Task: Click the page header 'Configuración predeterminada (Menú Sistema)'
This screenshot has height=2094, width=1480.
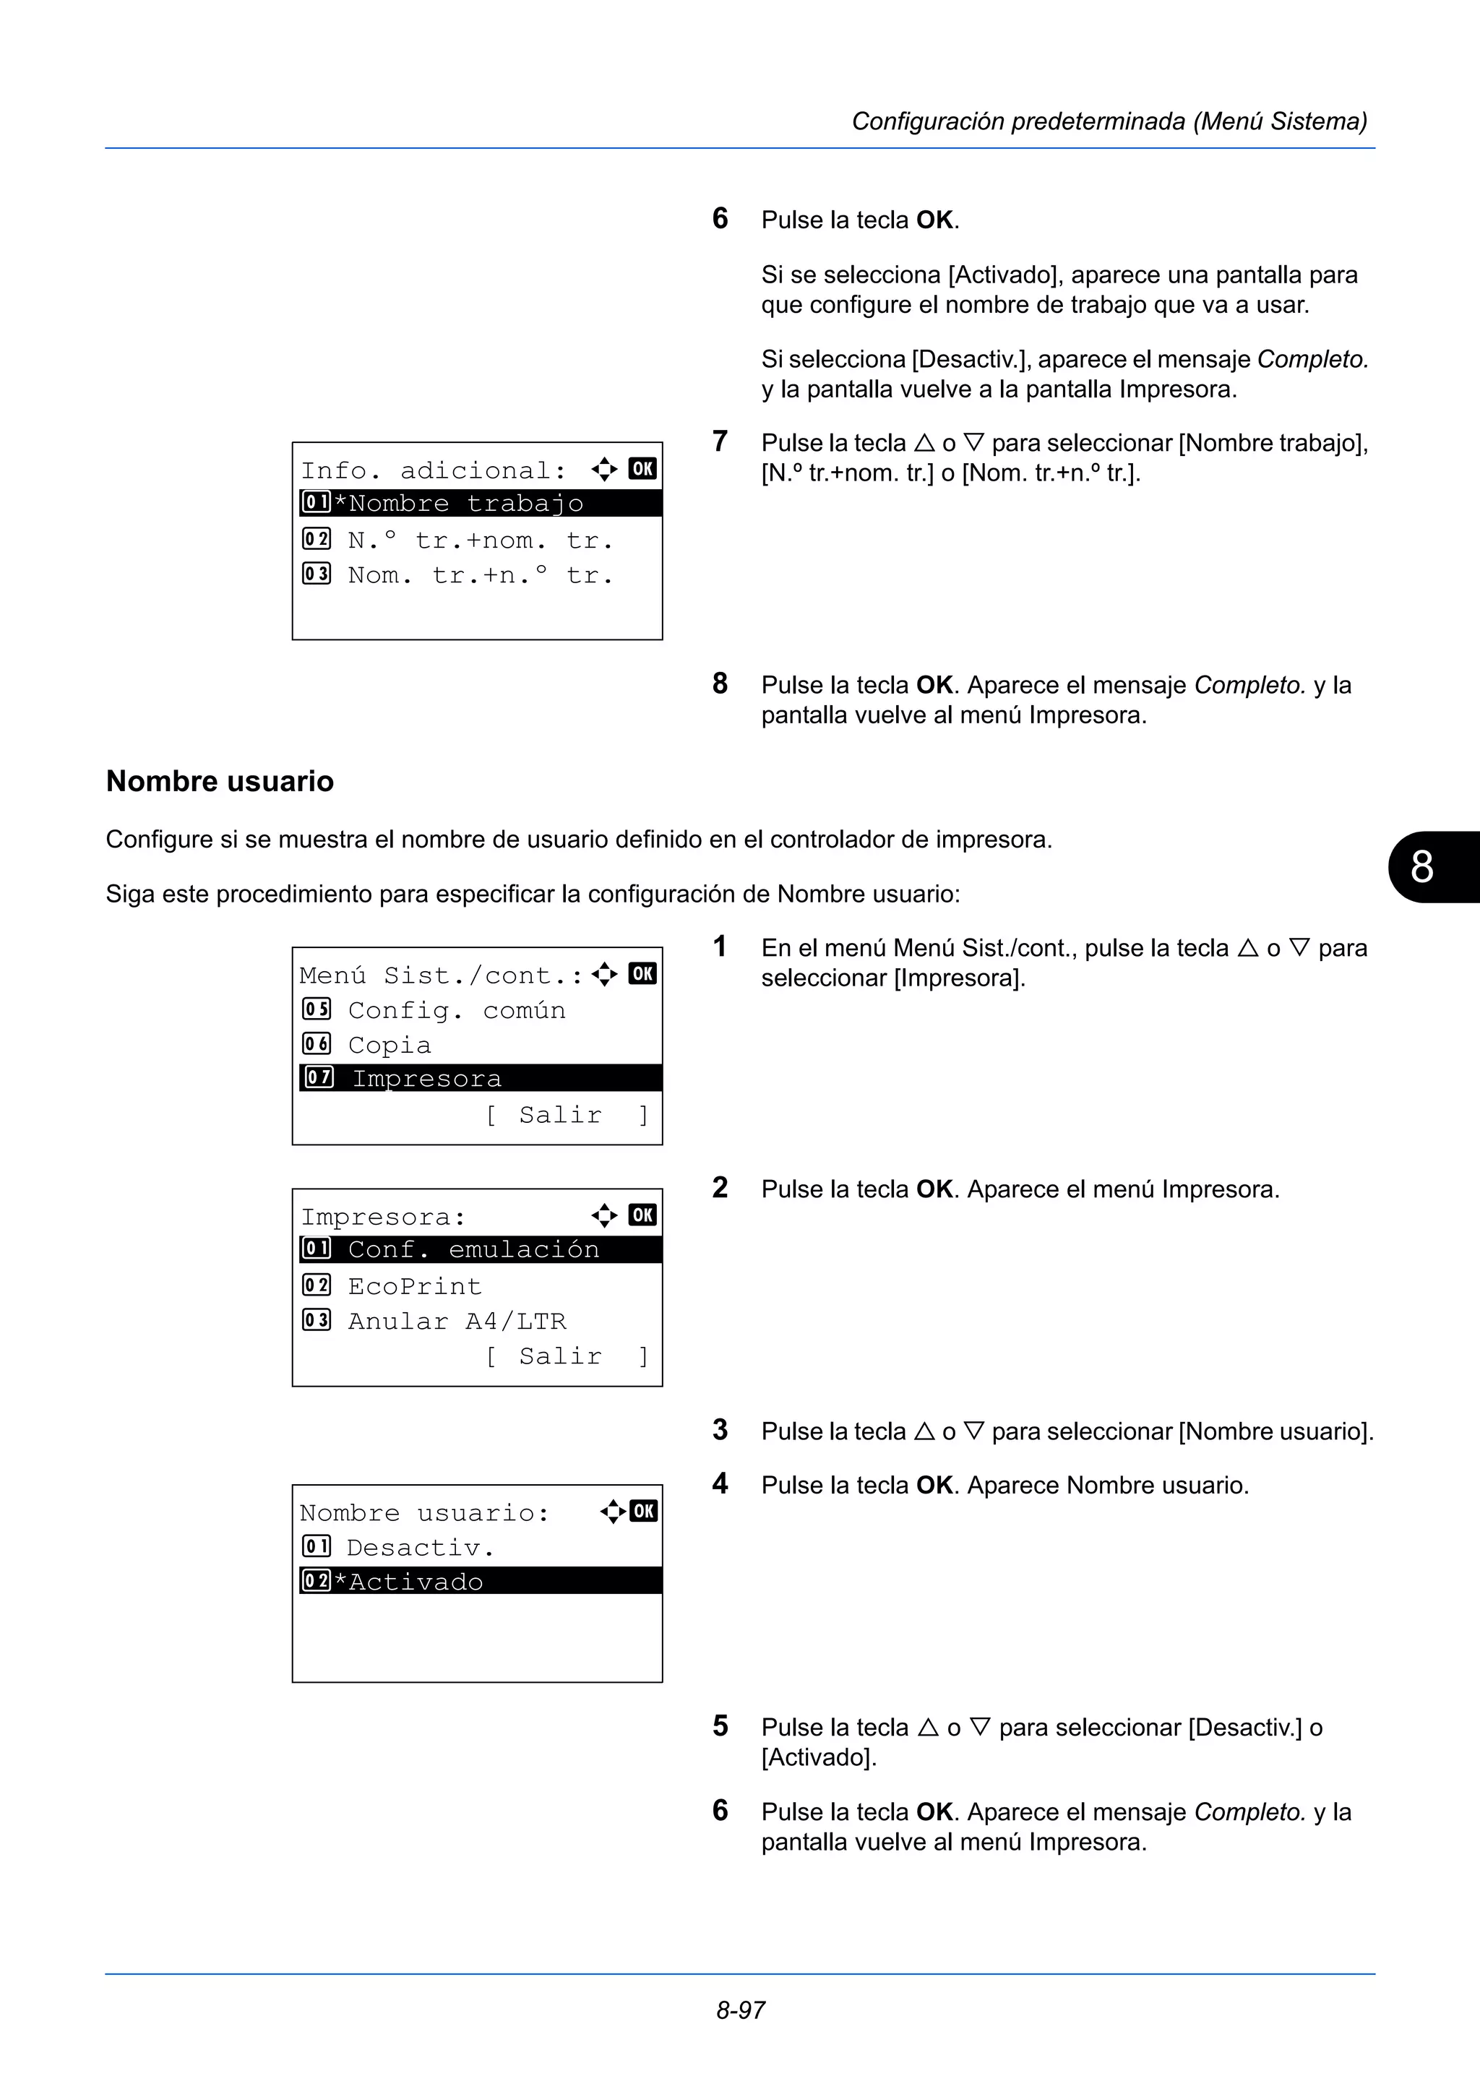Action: (x=1108, y=121)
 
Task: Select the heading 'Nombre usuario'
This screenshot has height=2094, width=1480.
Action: (x=220, y=782)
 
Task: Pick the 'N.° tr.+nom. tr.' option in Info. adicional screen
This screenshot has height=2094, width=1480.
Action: (x=478, y=540)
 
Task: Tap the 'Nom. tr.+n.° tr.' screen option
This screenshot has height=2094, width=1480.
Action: (x=478, y=575)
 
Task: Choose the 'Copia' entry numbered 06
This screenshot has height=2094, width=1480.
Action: (x=390, y=1045)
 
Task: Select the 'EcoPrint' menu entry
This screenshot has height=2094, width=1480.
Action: (x=414, y=1286)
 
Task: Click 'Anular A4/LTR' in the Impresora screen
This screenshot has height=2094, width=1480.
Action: (x=456, y=1321)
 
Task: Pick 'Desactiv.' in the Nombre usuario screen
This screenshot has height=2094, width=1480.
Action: (x=419, y=1548)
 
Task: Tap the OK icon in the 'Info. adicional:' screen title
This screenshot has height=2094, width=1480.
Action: (x=642, y=469)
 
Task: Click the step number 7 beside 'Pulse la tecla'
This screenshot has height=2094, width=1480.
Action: (x=720, y=441)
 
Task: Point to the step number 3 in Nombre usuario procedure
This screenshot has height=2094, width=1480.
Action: (x=720, y=1430)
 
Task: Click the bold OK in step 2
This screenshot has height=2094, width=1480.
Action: (x=934, y=1189)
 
